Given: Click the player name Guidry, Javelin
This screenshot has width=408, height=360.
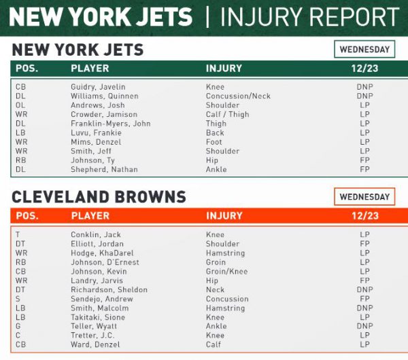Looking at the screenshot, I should pos(98,87).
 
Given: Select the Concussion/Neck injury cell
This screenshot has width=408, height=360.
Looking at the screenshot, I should pos(238,96).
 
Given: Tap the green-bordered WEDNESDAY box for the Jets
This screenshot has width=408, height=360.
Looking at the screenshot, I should pos(364,50).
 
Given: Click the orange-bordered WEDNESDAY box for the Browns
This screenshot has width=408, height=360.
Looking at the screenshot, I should pos(364,197).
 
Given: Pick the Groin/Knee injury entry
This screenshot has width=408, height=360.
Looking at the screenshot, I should pos(226,271).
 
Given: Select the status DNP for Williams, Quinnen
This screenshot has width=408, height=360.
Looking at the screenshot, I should pos(364,96).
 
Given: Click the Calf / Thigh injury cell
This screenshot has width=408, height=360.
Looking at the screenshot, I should pos(228,115).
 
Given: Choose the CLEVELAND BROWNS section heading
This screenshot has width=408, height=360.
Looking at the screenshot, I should pos(99,197).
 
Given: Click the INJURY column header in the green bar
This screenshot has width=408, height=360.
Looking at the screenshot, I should pos(224,69).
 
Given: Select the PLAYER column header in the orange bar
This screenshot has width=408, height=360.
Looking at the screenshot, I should pos(90,216).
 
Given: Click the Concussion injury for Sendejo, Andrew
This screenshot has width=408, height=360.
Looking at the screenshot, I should pos(227,299).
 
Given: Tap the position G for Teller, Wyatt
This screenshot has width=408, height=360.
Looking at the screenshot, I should pos(18,326).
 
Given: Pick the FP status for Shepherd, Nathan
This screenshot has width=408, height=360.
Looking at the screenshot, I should pos(364,169).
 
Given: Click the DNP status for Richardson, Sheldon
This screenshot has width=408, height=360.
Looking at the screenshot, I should pos(364,289).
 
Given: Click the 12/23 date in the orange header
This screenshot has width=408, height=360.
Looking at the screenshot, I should pos(364,216).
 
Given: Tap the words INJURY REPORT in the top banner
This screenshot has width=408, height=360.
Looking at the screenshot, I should pos(309,17).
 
